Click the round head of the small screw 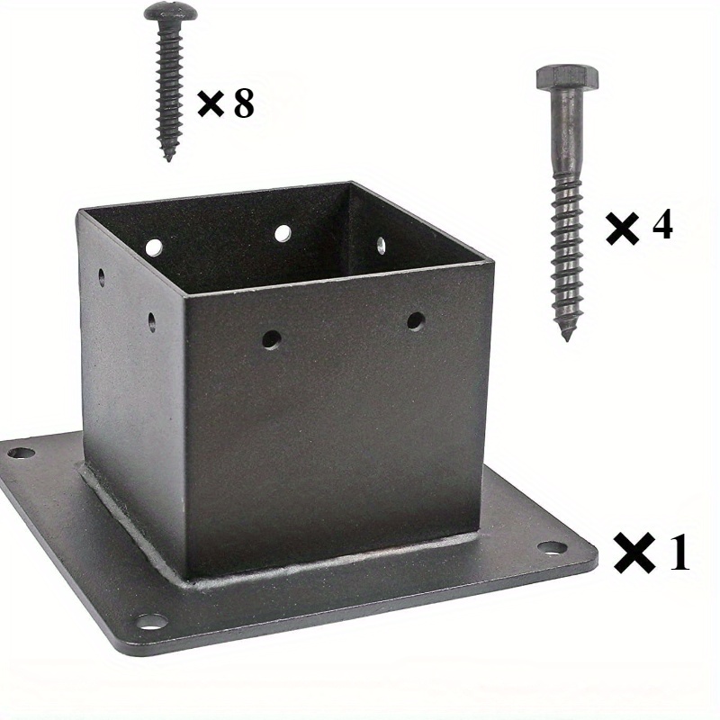point(171,13)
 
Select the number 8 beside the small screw point(243,103)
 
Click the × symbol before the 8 point(211,103)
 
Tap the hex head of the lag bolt point(568,77)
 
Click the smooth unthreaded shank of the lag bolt point(567,133)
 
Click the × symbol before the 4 point(622,229)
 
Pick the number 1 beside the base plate point(679,552)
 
